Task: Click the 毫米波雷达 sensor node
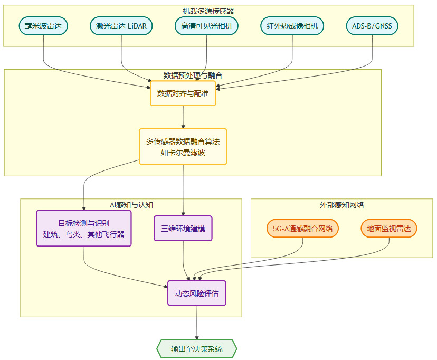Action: pos(43,26)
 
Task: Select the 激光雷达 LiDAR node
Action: pos(121,26)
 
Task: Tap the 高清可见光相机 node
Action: pos(206,26)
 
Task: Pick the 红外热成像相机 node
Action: pos(292,26)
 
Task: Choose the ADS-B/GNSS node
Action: pos(373,26)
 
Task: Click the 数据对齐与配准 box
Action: pos(183,93)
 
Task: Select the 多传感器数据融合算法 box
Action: pos(183,147)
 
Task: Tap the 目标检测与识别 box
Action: pos(83,228)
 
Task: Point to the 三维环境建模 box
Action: pos(183,229)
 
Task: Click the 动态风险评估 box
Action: pos(197,293)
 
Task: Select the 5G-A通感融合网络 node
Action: pos(302,229)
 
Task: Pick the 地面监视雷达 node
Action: pos(389,229)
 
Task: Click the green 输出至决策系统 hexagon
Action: pos(197,349)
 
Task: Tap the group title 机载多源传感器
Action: pos(208,11)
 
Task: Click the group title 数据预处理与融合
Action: pos(193,75)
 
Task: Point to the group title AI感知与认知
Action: pos(131,205)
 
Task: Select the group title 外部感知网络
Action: pos(341,205)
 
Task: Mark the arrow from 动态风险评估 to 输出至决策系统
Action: pos(197,323)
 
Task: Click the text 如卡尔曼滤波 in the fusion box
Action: pos(183,153)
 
